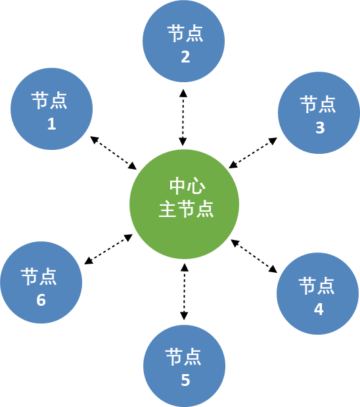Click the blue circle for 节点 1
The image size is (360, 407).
pos(52,109)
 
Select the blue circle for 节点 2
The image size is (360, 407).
pos(184,41)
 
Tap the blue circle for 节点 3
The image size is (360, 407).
pos(319,113)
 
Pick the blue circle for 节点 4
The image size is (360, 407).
pos(318,293)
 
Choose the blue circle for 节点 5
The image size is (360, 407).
pos(184,366)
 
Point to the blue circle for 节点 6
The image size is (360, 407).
pos(41,283)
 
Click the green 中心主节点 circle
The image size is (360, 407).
pos(184,204)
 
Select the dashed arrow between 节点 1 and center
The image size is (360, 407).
pos(114,153)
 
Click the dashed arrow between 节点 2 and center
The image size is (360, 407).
pos(183,117)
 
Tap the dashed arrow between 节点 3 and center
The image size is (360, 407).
pos(253,153)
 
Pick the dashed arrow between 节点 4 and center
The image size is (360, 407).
pos(254,256)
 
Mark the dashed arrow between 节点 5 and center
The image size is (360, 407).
pos(184,291)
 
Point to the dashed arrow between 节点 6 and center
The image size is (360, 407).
pos(108,249)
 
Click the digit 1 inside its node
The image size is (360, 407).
pos(52,124)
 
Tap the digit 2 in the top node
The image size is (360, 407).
pos(185,57)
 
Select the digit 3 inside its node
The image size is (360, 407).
pos(320,128)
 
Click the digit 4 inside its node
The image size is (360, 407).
pos(319,309)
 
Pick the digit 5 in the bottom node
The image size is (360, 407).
pos(185,380)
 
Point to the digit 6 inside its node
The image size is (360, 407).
pos(41,300)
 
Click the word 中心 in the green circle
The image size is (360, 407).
pos(187,186)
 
